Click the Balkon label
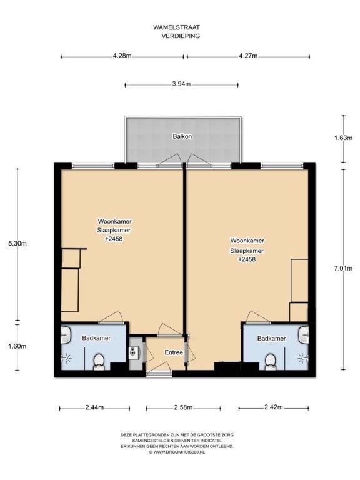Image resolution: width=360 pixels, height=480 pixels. tap(182, 136)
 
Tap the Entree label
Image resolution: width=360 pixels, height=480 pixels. tap(174, 352)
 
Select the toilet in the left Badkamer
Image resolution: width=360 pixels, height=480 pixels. tap(99, 362)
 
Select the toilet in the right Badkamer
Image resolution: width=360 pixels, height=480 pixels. tap(270, 362)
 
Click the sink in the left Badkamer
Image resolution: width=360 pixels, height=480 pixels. tap(66, 334)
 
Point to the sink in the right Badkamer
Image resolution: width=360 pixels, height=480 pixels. tap(303, 334)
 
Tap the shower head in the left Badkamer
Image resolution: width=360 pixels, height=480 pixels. tap(66, 357)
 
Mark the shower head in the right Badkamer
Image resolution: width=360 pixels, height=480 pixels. tap(303, 357)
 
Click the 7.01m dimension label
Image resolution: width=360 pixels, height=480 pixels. tap(343, 269)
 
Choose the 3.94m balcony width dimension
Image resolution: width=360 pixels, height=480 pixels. tap(181, 84)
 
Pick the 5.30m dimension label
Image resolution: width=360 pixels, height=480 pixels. tap(17, 244)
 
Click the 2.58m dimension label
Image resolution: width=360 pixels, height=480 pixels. tap(183, 407)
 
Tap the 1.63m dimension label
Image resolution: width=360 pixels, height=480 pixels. tap(343, 137)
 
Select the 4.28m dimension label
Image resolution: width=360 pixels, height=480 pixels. tap(122, 56)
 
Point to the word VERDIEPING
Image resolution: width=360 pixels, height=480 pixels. tap(181, 36)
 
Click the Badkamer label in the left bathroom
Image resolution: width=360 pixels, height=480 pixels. tap(96, 338)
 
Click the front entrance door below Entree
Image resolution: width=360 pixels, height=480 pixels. tap(159, 372)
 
